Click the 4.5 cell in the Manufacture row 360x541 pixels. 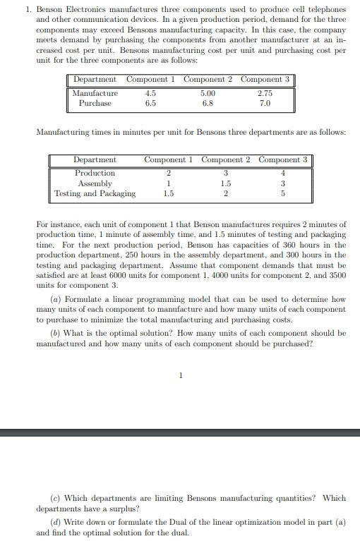point(150,92)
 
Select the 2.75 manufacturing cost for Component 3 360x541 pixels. point(265,92)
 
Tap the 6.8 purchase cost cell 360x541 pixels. point(207,103)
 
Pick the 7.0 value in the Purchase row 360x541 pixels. point(265,103)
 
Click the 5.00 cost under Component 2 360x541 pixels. point(207,92)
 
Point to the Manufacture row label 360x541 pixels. point(95,92)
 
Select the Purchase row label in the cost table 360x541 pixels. point(95,103)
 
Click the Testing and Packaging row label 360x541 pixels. point(95,193)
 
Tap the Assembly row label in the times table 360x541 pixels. point(95,183)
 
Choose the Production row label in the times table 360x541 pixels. point(95,173)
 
